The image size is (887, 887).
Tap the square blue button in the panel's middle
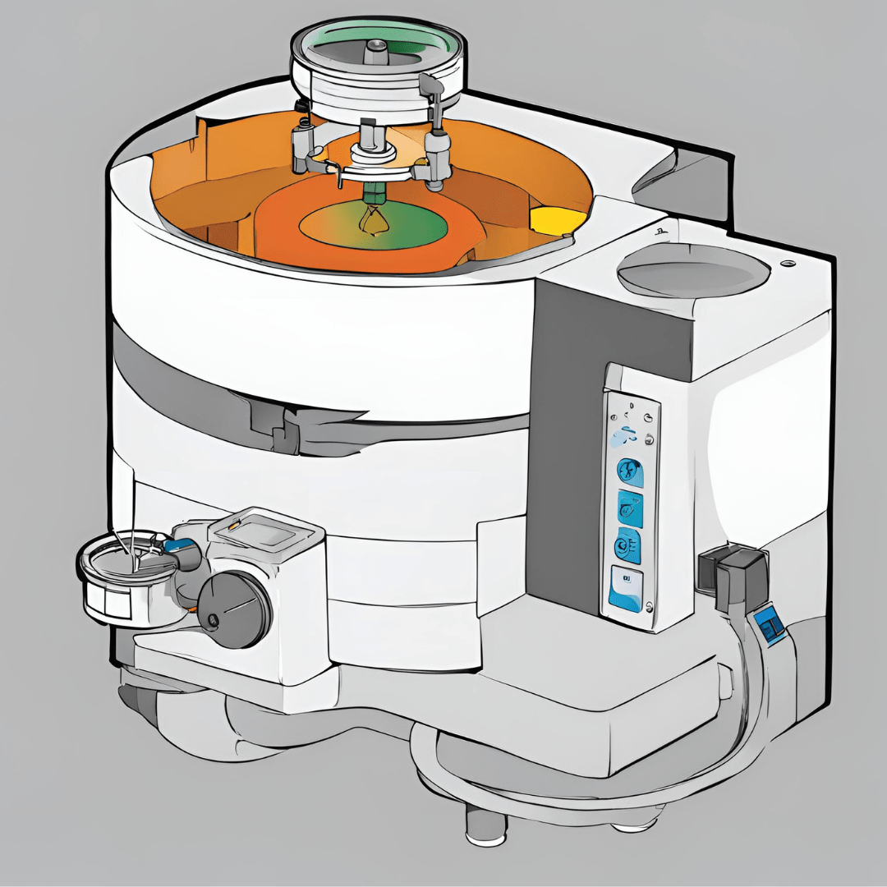pyautogui.click(x=630, y=509)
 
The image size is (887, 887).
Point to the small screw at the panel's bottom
pyautogui.click(x=650, y=607)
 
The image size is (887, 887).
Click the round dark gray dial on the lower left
pyautogui.click(x=235, y=608)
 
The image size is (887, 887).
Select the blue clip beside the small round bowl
pyautogui.click(x=174, y=545)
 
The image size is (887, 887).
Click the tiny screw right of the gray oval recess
pyautogui.click(x=790, y=263)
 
